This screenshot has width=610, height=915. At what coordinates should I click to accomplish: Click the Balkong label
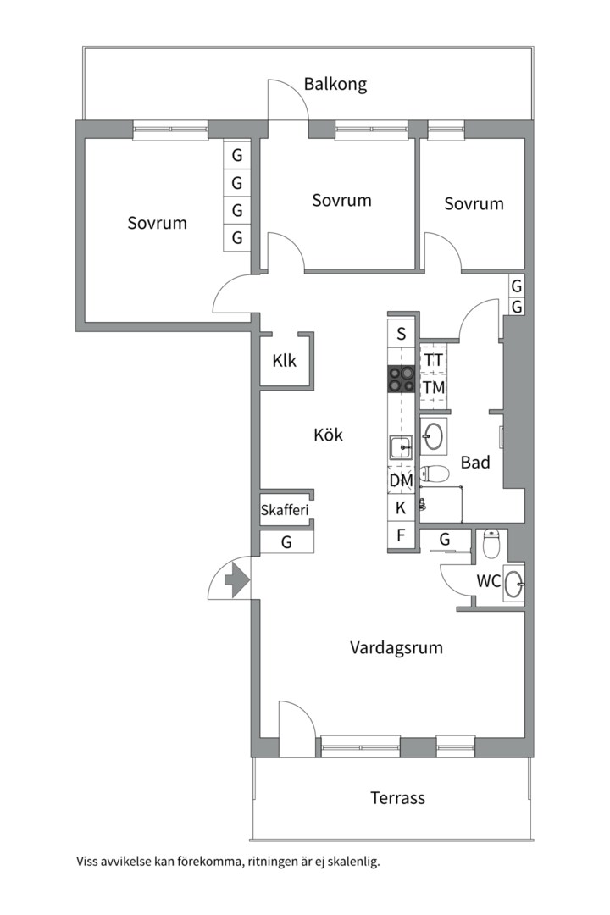click(x=335, y=84)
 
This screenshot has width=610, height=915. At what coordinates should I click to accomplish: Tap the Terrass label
click(x=397, y=797)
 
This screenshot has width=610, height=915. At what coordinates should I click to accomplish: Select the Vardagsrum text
click(x=396, y=648)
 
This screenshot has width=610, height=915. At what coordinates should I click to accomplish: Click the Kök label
click(x=328, y=435)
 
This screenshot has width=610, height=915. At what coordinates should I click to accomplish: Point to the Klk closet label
click(x=285, y=360)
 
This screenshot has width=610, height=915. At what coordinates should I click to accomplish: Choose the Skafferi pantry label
click(x=285, y=510)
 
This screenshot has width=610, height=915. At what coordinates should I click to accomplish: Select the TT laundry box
click(x=434, y=359)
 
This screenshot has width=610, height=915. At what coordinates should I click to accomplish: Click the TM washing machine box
click(x=434, y=387)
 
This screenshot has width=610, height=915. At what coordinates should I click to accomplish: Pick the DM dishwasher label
click(x=401, y=480)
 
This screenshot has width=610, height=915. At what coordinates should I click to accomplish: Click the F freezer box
click(x=402, y=535)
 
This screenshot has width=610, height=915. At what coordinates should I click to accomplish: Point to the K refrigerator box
click(x=402, y=508)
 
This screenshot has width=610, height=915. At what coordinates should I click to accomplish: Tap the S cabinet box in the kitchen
click(x=402, y=333)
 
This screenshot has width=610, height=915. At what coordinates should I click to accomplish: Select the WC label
click(x=487, y=581)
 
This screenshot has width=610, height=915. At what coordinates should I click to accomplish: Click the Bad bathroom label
click(x=475, y=463)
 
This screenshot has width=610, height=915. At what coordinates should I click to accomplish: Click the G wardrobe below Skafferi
click(x=286, y=542)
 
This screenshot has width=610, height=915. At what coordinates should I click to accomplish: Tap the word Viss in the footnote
click(x=90, y=862)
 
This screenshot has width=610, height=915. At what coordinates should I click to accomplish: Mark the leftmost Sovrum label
click(x=157, y=223)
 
